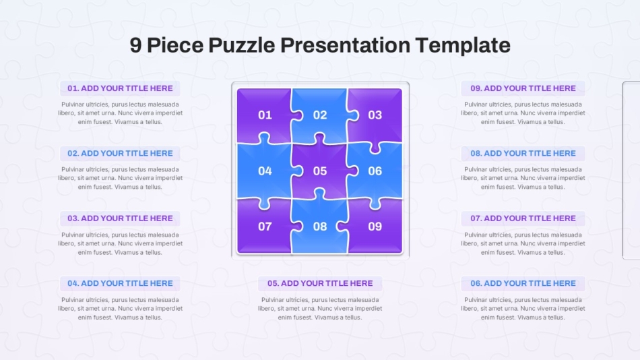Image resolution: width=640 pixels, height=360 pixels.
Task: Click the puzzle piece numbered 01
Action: [264, 115]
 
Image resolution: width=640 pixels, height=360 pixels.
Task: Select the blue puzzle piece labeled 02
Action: [319, 115]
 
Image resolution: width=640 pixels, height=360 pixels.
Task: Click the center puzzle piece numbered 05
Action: [319, 171]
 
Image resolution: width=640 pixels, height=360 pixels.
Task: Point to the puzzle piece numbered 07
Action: [264, 227]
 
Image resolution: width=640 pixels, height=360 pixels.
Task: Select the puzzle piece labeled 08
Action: [319, 227]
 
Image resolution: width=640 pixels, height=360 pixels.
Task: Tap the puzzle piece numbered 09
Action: [375, 227]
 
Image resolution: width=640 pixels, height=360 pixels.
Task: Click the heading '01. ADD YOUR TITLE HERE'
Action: [120, 88]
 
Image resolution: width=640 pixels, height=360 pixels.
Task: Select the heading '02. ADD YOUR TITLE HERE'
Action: [120, 153]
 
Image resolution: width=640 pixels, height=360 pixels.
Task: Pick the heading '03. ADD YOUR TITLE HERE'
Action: [120, 218]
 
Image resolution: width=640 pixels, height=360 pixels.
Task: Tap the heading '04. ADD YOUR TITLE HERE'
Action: [120, 283]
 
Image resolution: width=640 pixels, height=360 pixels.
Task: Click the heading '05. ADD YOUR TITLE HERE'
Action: [320, 283]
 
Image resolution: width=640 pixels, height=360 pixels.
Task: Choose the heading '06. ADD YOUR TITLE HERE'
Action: [523, 283]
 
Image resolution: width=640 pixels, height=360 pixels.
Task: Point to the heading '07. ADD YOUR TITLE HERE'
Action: [523, 218]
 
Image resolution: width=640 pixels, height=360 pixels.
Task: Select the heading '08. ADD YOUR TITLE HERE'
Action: [523, 153]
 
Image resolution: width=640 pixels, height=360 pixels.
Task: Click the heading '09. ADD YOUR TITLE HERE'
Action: [523, 88]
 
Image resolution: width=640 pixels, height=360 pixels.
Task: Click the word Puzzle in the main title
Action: [242, 45]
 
